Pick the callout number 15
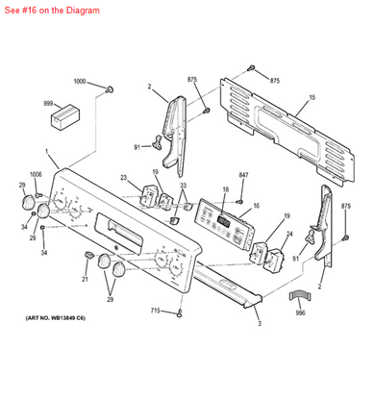[x=312, y=99]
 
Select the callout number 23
[x=124, y=177]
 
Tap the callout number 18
[x=225, y=189]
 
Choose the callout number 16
[x=256, y=206]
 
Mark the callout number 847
[x=243, y=174]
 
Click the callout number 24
[x=289, y=236]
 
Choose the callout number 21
[x=85, y=279]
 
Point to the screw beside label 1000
[x=111, y=89]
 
